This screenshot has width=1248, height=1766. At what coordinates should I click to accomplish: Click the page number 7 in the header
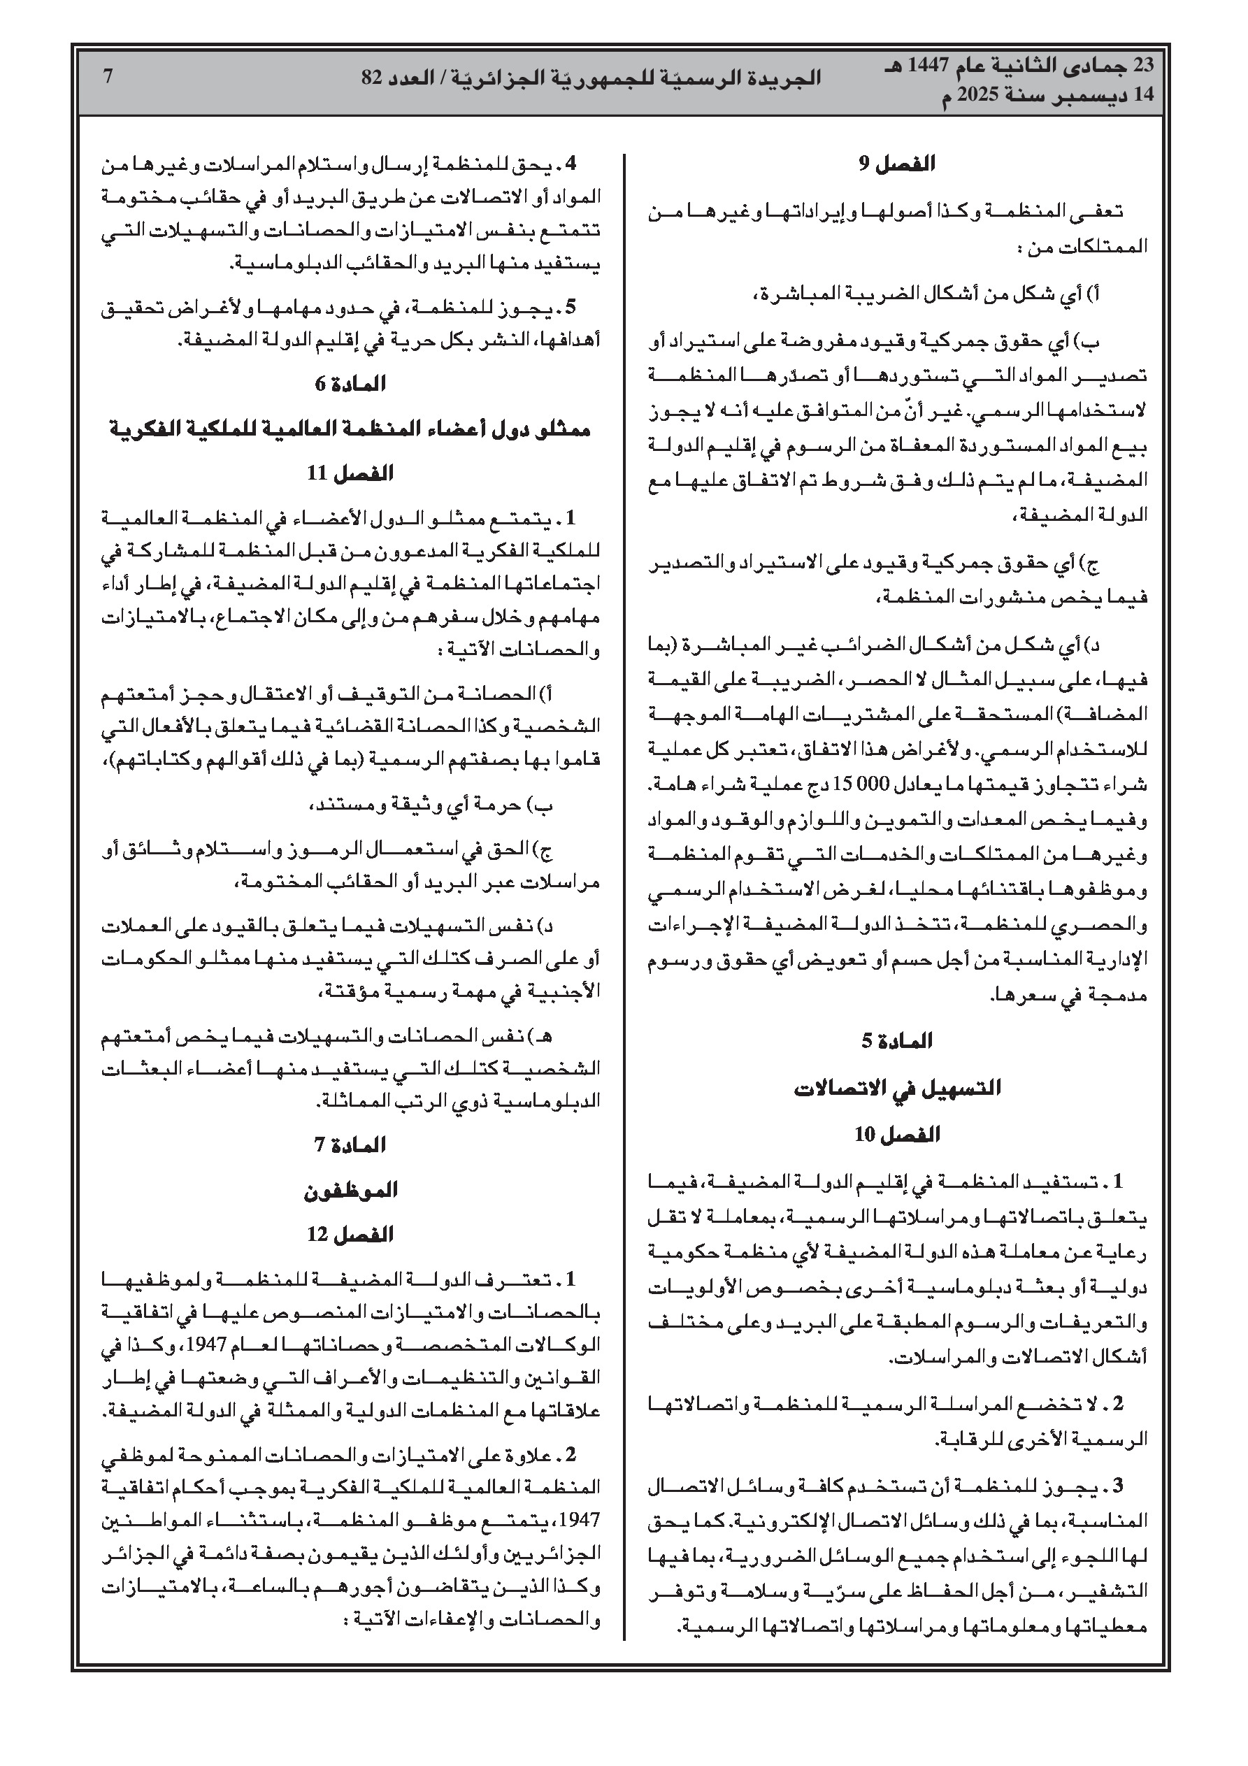108,76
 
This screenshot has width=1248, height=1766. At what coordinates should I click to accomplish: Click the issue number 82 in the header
373,78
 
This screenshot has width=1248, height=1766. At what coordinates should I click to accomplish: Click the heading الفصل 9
896,164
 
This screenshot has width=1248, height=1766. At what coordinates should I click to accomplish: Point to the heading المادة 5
896,1042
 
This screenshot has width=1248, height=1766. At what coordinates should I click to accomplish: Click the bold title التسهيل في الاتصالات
897,1089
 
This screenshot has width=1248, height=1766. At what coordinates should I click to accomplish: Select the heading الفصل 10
896,1135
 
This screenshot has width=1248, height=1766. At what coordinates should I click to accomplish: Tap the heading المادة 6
350,383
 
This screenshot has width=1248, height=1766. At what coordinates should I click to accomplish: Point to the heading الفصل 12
350,1235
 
